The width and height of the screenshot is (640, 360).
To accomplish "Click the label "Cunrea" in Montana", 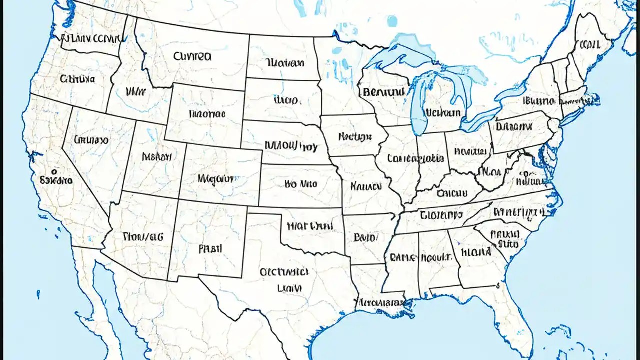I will pyautogui.click(x=192, y=56).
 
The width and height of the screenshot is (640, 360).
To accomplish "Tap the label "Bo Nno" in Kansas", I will pyautogui.click(x=301, y=184).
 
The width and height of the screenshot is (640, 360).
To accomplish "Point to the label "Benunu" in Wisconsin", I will pyautogui.click(x=383, y=92).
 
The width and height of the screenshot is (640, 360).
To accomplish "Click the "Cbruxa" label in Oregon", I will pyautogui.click(x=77, y=79).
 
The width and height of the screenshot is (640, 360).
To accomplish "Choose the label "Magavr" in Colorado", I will pyautogui.click(x=215, y=178).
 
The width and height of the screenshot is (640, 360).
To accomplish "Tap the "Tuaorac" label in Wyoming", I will pyautogui.click(x=207, y=114).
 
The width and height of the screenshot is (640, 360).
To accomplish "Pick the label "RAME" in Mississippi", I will pyautogui.click(x=402, y=258).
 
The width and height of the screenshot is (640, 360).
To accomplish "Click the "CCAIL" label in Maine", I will pyautogui.click(x=590, y=45).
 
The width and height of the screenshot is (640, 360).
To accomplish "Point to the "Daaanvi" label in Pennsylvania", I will pyautogui.click(x=515, y=127).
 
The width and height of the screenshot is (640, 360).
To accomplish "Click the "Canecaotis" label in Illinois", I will pyautogui.click(x=415, y=159).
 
